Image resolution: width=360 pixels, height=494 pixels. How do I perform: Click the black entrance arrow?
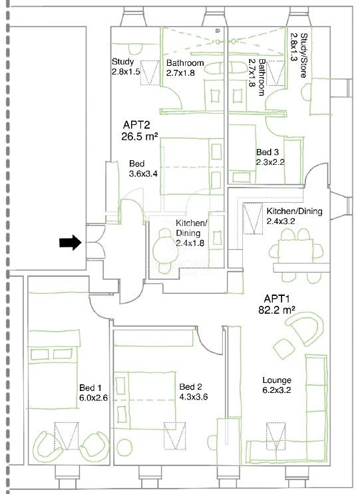pyautogui.click(x=71, y=243)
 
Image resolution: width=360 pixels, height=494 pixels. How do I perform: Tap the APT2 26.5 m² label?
pyautogui.click(x=140, y=130)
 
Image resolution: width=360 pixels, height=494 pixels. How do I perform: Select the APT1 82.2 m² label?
pyautogui.click(x=276, y=304)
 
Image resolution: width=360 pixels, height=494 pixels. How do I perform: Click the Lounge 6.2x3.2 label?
pyautogui.click(x=277, y=385)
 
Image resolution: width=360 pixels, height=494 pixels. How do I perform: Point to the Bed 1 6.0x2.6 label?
pyautogui.click(x=93, y=392)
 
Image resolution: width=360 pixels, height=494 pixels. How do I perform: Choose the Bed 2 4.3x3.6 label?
pyautogui.click(x=193, y=392)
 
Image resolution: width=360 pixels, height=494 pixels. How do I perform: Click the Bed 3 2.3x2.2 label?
pyautogui.click(x=270, y=157)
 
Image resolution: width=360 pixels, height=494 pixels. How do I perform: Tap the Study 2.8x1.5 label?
pyautogui.click(x=126, y=66)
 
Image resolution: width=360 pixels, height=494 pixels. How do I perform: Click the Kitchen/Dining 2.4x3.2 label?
pyautogui.click(x=294, y=216)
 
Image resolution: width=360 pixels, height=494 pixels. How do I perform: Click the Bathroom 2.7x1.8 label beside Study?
pyautogui.click(x=185, y=67)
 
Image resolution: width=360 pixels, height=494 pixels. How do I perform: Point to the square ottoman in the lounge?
pyautogui.click(x=284, y=349)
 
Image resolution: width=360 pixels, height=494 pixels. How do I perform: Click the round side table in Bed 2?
pyautogui.click(x=124, y=446)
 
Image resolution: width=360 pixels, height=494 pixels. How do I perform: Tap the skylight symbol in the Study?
pyautogui.click(x=150, y=72)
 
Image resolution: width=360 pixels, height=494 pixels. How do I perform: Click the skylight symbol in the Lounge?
pyautogui.click(x=276, y=436)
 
